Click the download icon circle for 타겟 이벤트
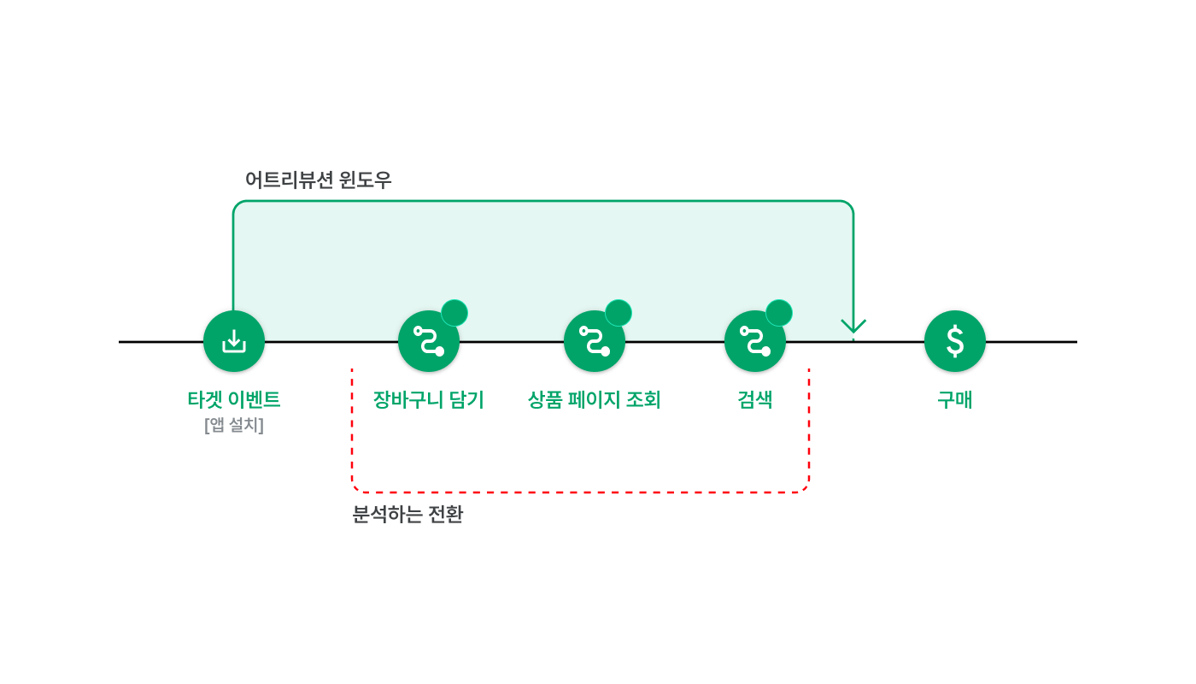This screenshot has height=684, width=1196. (x=234, y=341)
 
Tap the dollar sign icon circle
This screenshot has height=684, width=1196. (x=955, y=341)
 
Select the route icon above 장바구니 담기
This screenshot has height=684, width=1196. (x=429, y=341)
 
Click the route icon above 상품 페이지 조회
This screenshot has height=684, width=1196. (x=595, y=341)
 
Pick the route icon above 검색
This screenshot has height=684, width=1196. (x=755, y=341)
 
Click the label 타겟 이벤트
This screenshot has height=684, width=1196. (x=234, y=399)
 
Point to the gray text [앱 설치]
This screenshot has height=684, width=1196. (x=234, y=425)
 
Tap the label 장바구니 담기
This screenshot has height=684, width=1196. (x=429, y=399)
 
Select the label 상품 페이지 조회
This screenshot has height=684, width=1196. (x=595, y=399)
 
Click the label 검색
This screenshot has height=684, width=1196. (x=755, y=399)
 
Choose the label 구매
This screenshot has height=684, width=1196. (x=955, y=399)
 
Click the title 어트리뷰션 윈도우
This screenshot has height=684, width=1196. (x=318, y=180)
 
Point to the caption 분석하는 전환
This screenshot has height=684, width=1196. (x=407, y=515)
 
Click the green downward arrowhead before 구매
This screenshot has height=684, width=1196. (x=853, y=327)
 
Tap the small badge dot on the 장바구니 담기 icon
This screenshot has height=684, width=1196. (x=454, y=313)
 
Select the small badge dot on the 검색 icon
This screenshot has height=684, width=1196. (x=779, y=313)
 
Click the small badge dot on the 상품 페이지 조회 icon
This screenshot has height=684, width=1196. (x=619, y=313)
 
